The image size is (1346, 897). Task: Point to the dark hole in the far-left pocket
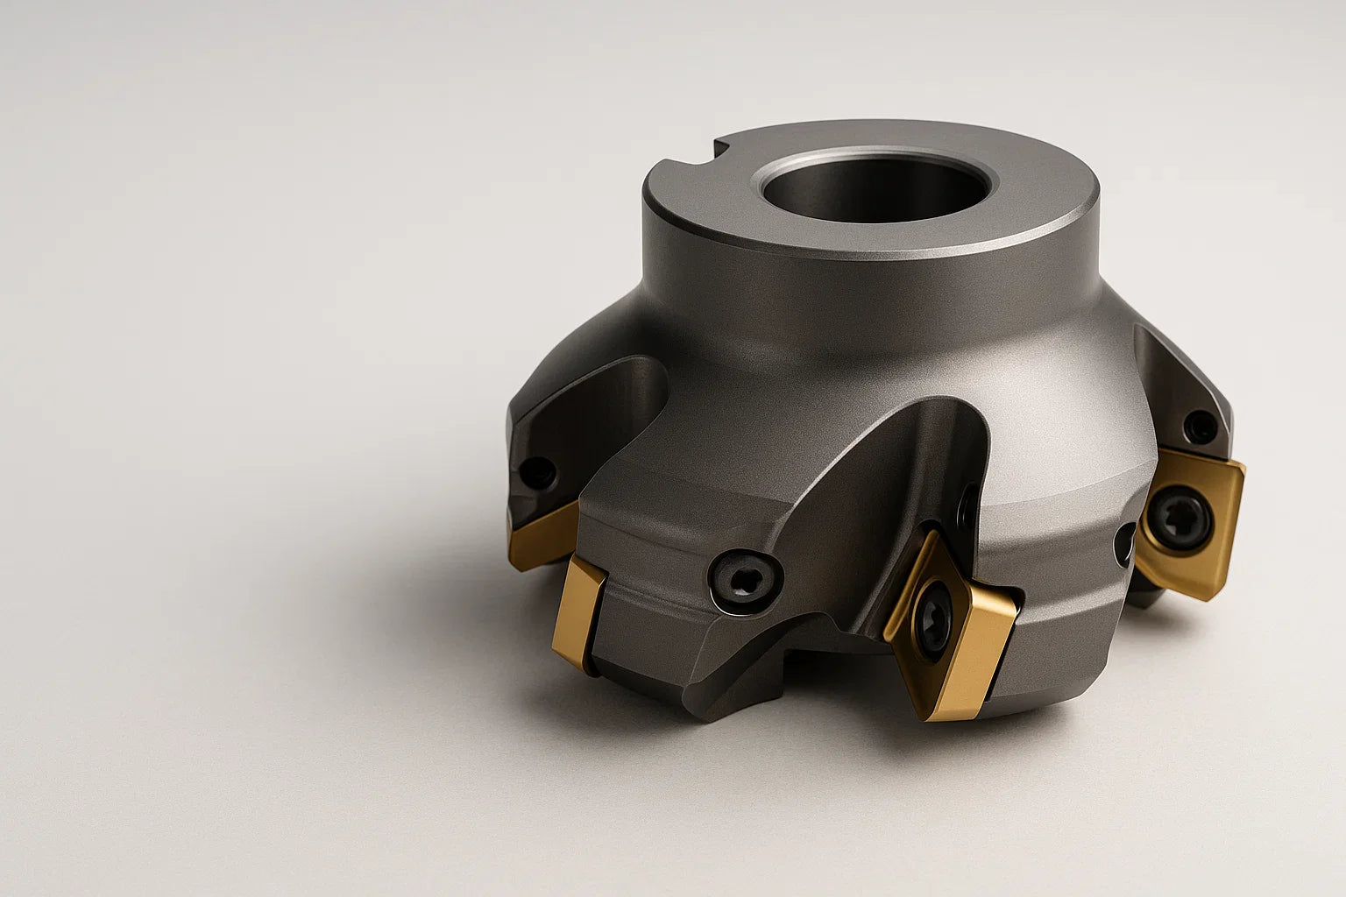point(537,474)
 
